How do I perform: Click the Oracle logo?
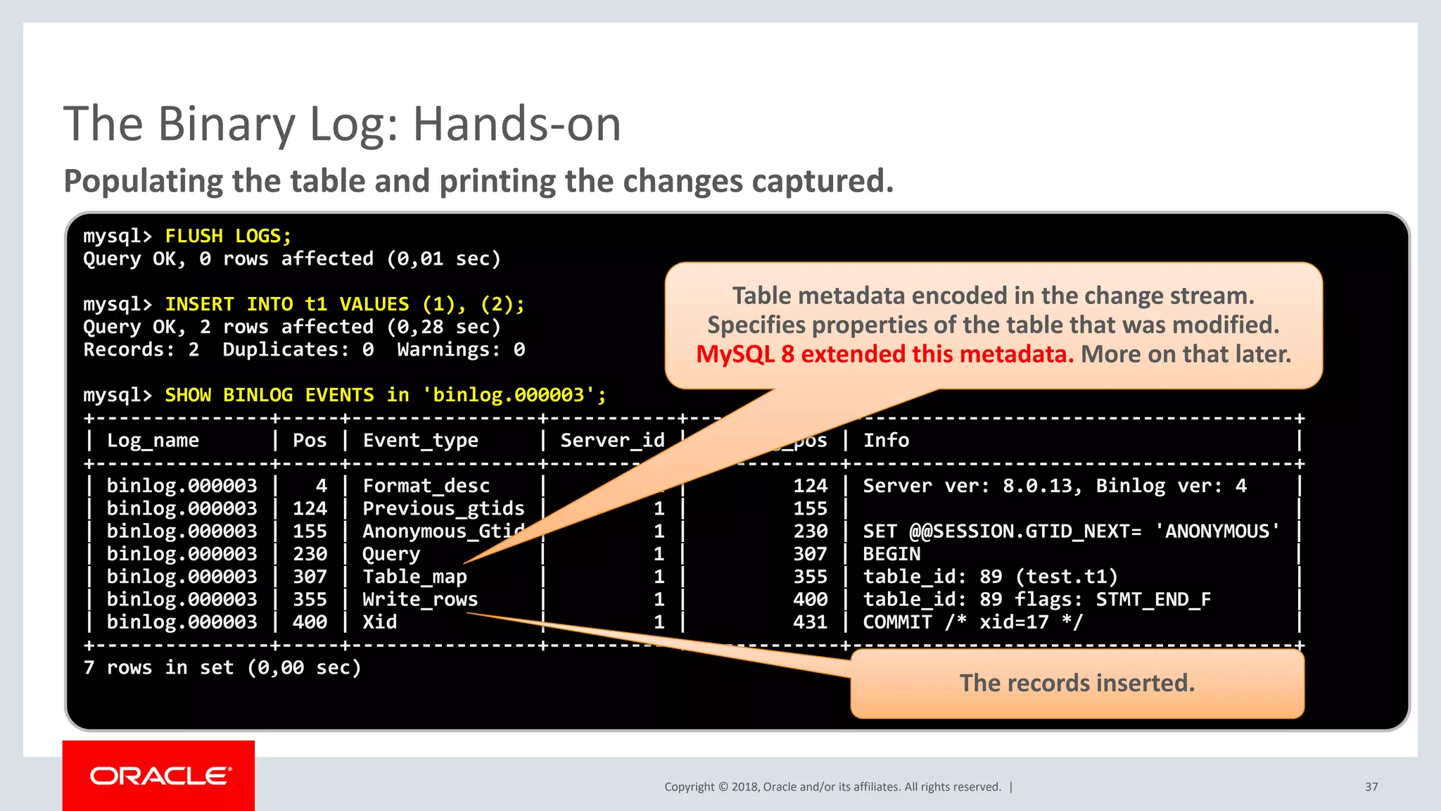pyautogui.click(x=160, y=776)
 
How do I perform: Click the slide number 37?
pyautogui.click(x=1371, y=787)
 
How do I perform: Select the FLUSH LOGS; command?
pyautogui.click(x=228, y=236)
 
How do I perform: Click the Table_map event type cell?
pyautogui.click(x=414, y=577)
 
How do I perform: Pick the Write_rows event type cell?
pyautogui.click(x=420, y=599)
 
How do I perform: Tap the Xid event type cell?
pyautogui.click(x=380, y=622)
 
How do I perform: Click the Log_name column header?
pyautogui.click(x=153, y=441)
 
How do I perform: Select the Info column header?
pyautogui.click(x=886, y=441)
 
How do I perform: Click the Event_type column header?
pyautogui.click(x=420, y=441)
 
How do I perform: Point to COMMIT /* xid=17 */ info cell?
pyautogui.click(x=972, y=622)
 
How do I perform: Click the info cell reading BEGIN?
pyautogui.click(x=891, y=554)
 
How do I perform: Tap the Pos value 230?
pyautogui.click(x=310, y=554)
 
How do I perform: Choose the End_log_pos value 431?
pyautogui.click(x=810, y=622)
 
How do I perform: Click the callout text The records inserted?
pyautogui.click(x=1077, y=683)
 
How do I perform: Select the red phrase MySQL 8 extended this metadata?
pyautogui.click(x=884, y=354)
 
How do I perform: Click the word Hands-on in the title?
pyautogui.click(x=516, y=125)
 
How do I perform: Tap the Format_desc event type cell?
pyautogui.click(x=426, y=486)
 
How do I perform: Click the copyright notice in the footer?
pyautogui.click(x=832, y=787)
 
